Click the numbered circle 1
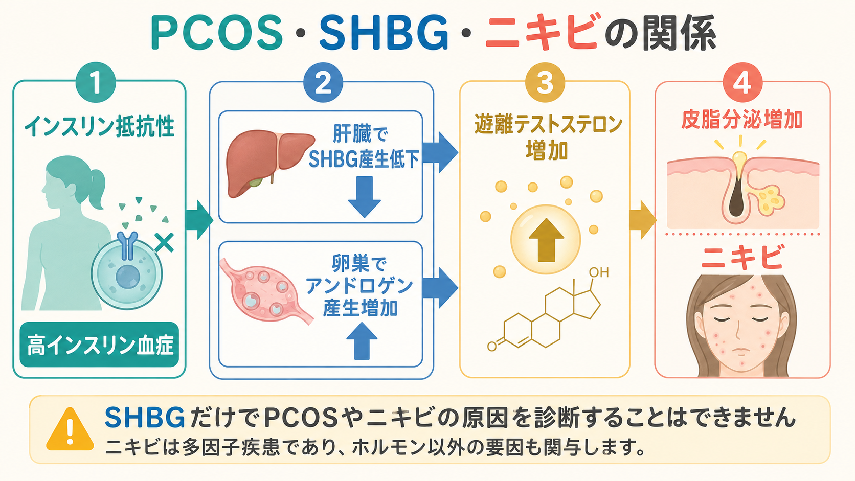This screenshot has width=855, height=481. click(x=96, y=82)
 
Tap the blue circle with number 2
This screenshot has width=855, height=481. click(x=323, y=82)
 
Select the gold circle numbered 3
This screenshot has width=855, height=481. click(x=545, y=82)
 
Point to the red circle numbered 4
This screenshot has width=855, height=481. click(x=742, y=82)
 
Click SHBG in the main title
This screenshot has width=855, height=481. click(x=384, y=33)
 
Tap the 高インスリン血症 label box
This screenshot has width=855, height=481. click(x=99, y=345)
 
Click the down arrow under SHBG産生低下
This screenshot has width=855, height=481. click(x=365, y=196)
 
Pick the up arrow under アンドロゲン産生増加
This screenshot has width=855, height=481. click(x=362, y=340)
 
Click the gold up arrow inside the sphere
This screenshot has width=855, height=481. click(x=546, y=240)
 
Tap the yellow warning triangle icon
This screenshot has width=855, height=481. click(x=70, y=429)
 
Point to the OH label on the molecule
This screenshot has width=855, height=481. click(x=598, y=272)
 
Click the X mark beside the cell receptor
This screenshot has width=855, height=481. click(x=165, y=243)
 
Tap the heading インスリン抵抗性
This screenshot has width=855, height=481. click(x=99, y=127)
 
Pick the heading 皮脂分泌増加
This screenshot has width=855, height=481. click(x=742, y=120)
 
